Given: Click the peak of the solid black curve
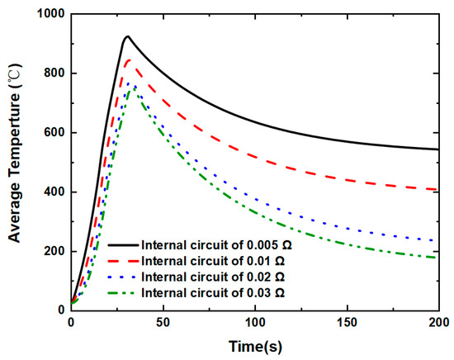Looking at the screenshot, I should pyautogui.click(x=127, y=37).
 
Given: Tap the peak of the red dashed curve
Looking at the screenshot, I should pyautogui.click(x=127, y=59).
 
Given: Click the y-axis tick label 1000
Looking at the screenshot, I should pyautogui.click(x=48, y=14).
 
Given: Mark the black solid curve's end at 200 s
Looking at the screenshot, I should pyautogui.click(x=438, y=149).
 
